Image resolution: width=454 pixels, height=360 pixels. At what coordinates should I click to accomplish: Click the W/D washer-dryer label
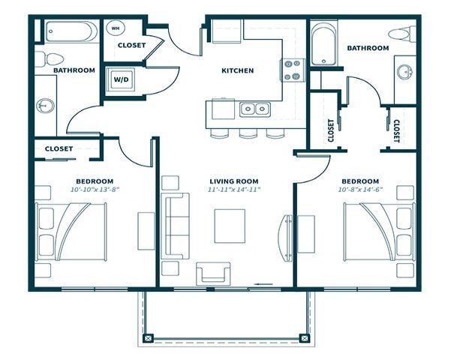coord(121,78)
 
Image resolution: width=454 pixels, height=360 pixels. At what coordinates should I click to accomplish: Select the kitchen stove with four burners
coord(291,70)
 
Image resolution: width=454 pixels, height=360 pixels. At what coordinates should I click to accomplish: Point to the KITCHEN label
coord(237,71)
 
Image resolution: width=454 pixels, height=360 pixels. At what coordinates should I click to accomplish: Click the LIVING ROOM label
coord(233,181)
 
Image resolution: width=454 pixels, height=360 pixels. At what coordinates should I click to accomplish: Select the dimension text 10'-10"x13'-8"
coord(95,190)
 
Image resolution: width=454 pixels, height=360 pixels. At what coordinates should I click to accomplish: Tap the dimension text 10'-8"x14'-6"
coord(360,190)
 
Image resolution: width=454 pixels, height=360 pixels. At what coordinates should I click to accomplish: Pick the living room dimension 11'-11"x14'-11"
coord(233,190)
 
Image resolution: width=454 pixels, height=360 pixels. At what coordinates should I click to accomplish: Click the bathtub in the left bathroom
coord(69,32)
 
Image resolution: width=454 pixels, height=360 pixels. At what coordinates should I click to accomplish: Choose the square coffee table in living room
coord(230,226)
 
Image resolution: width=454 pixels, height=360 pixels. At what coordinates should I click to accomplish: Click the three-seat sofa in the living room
coord(177,226)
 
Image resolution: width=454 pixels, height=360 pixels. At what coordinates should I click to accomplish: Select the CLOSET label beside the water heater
coord(131,45)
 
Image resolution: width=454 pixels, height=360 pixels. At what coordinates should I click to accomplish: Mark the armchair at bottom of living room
coord(212,274)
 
